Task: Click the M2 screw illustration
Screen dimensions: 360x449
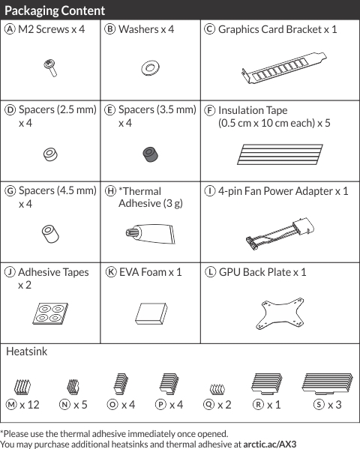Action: (51, 68)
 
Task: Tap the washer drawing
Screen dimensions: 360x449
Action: (150, 68)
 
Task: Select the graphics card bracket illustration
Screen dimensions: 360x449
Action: (283, 68)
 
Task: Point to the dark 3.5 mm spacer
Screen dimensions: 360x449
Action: (151, 154)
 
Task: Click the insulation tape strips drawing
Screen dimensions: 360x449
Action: (280, 154)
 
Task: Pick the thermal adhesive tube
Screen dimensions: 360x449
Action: (151, 234)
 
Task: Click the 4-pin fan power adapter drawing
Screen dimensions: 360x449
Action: (280, 234)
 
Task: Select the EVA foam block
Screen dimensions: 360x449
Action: (151, 313)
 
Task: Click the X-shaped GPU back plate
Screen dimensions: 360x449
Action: (280, 314)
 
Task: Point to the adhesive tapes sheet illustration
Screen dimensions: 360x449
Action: (50, 313)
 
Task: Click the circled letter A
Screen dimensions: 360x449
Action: (10, 29)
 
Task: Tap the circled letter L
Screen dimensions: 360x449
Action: (211, 272)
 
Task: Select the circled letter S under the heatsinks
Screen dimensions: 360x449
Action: (319, 404)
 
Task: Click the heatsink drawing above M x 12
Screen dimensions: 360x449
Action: (22, 387)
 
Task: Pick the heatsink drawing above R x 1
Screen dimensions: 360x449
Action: (267, 383)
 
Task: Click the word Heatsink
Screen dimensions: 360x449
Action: (27, 352)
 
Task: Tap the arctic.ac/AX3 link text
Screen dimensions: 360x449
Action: (270, 445)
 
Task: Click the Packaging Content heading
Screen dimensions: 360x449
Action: (55, 11)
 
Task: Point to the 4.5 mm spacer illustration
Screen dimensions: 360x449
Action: (50, 234)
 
